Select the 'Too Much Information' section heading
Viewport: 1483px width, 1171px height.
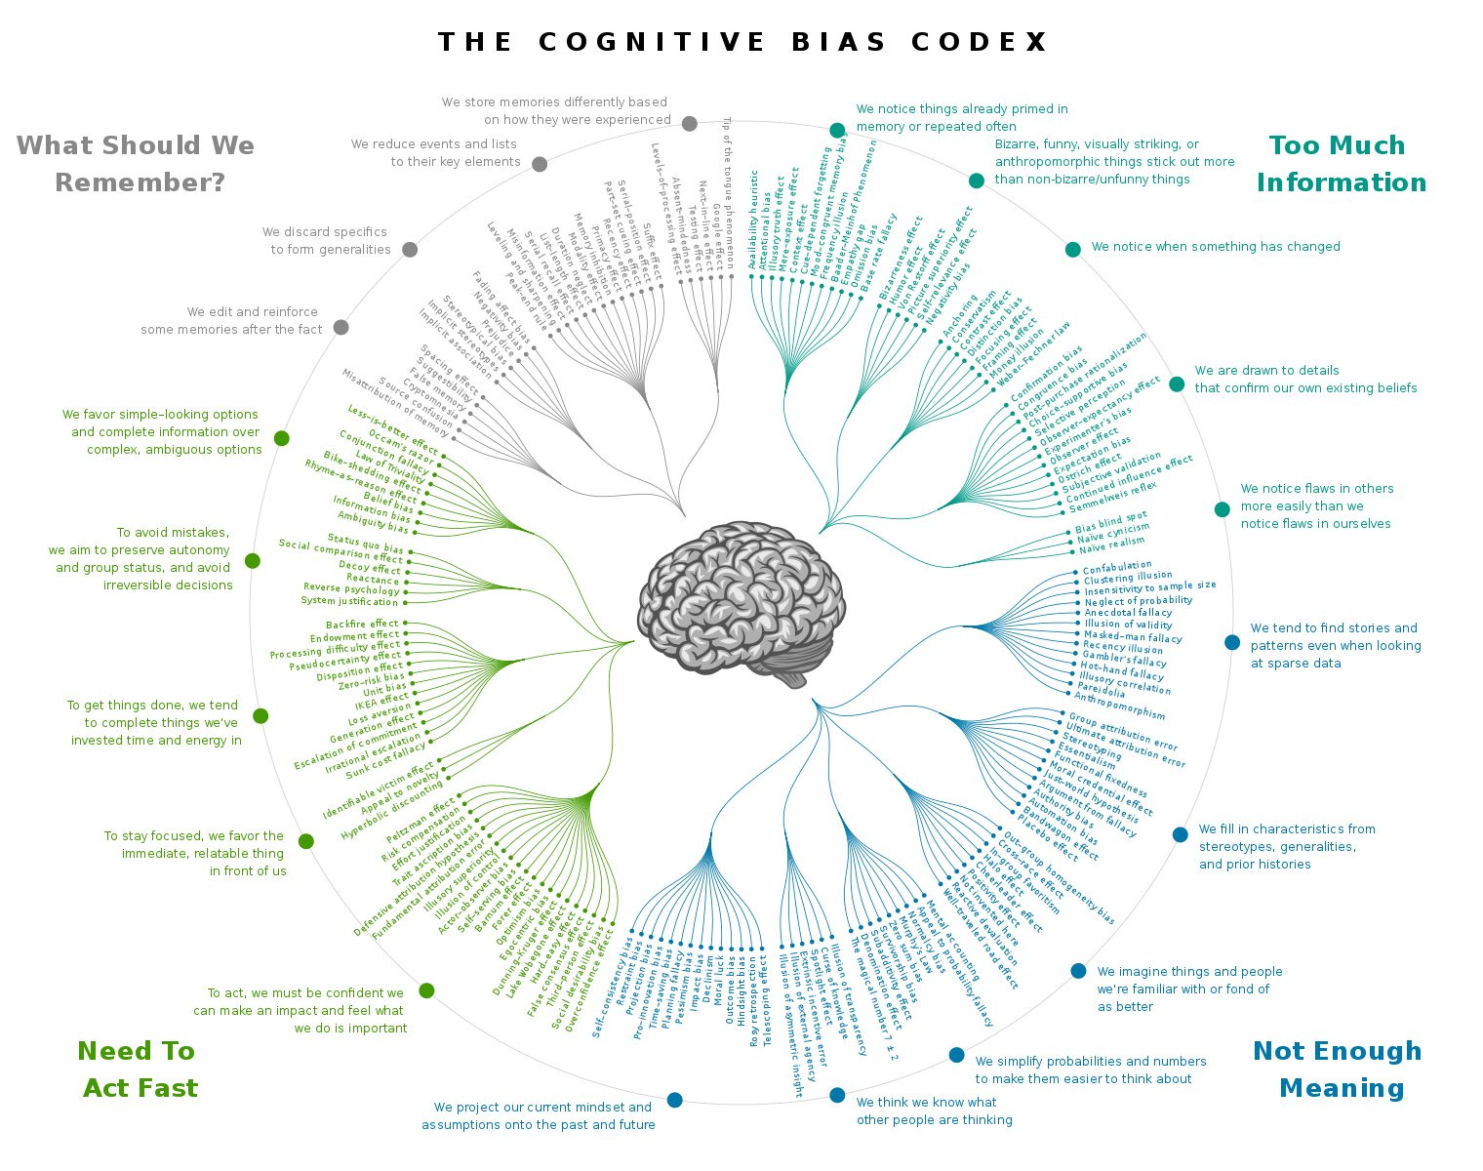[1341, 164]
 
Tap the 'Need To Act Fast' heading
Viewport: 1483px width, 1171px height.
[139, 1069]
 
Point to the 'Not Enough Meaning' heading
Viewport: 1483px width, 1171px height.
[1338, 1069]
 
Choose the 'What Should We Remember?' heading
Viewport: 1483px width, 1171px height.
[137, 164]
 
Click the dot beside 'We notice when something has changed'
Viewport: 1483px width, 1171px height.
[1073, 249]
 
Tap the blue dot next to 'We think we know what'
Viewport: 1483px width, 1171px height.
[837, 1095]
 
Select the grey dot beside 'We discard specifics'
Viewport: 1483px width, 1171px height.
[410, 249]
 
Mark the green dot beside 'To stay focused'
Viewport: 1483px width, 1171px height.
[306, 841]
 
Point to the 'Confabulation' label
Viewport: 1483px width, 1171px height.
[1117, 567]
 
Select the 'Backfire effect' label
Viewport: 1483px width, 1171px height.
[362, 625]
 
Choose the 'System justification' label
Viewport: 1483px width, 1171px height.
[349, 601]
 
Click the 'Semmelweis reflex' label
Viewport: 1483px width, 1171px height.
[1112, 497]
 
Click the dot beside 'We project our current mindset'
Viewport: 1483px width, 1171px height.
[674, 1100]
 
